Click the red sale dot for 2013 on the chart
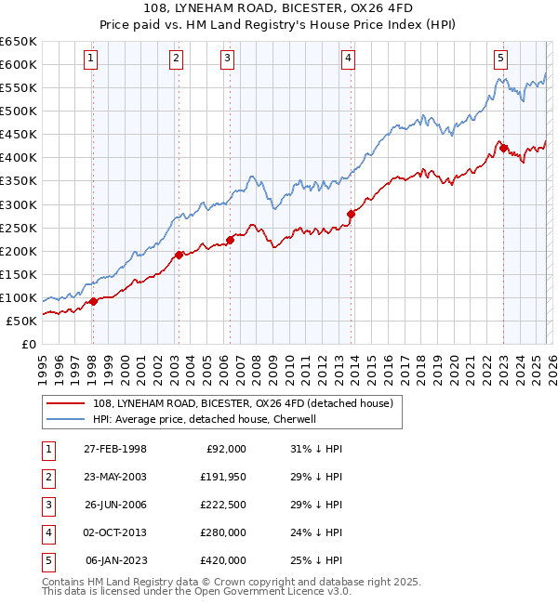coord(351,214)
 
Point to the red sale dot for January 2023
coord(503,148)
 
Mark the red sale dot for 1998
coord(93,301)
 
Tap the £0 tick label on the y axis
coord(28,344)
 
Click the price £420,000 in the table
coord(223,560)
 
